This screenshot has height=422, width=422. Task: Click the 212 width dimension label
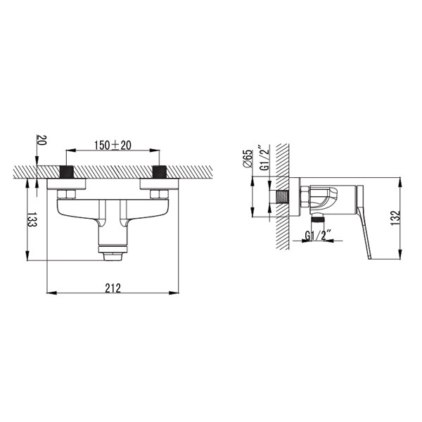pos(113,288)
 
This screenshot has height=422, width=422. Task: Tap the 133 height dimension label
pos(32,220)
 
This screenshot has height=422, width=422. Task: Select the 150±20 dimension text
pos(113,146)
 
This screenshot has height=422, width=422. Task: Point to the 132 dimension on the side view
pos(395,218)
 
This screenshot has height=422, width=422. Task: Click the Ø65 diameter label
pos(248,159)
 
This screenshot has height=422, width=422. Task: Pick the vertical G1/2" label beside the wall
pos(265,158)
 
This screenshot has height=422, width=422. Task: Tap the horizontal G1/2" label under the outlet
pos(316,236)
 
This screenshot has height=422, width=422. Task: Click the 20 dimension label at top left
pos(42,140)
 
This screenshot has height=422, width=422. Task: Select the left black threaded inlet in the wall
pos(66,172)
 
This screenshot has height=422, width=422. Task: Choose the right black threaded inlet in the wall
pos(160,172)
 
